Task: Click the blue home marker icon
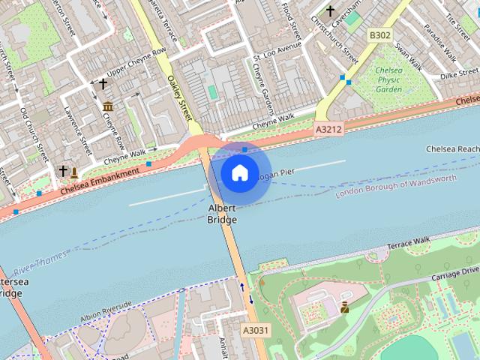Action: [239, 173]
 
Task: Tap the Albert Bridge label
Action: [222, 214]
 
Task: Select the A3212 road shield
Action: [328, 130]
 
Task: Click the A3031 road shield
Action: [256, 329]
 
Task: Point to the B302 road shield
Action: [380, 35]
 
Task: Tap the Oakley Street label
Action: [180, 98]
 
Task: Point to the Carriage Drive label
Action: [451, 272]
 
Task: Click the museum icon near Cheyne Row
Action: [108, 106]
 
